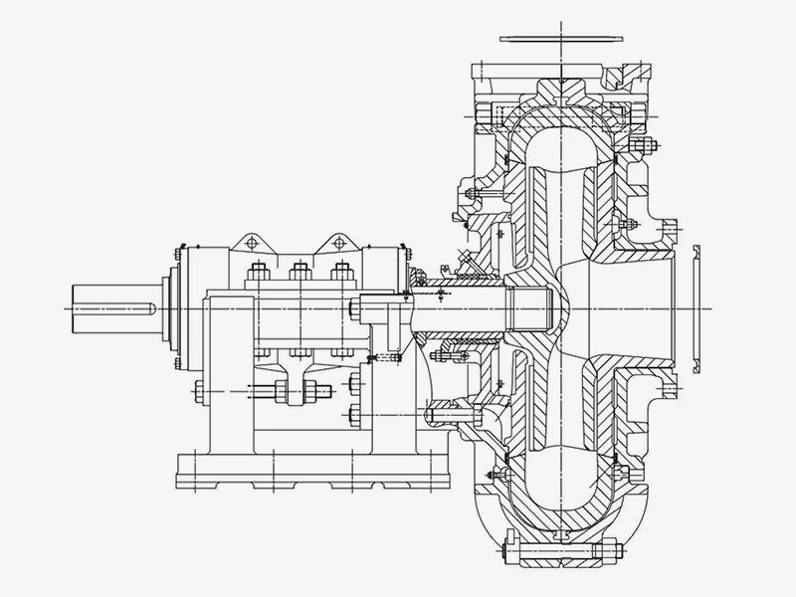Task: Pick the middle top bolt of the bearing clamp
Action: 298,272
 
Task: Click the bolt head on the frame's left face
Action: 196,391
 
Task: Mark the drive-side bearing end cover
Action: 176,308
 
